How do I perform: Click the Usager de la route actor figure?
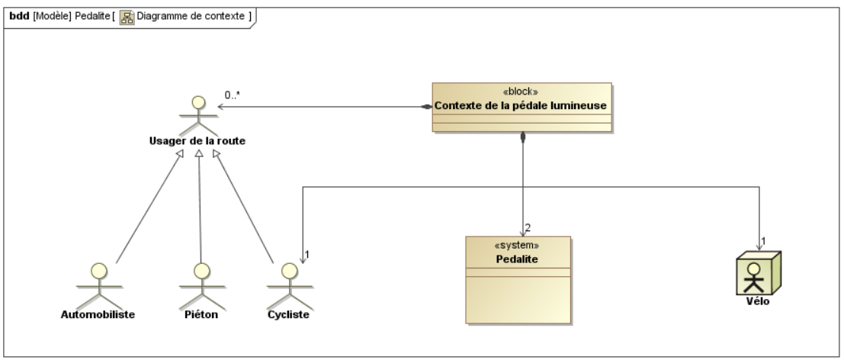pos(199,116)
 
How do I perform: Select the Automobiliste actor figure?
pos(99,285)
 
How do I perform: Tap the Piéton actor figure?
pos(202,285)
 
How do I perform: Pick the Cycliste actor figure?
pos(290,285)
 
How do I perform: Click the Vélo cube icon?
pos(759,273)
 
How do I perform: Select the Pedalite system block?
pos(518,280)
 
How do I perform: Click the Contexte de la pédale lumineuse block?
pos(522,107)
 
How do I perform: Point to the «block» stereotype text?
pos(521,92)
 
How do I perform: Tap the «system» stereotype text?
pos(517,246)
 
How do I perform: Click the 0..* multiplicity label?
pos(232,95)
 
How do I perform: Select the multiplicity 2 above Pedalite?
pos(528,228)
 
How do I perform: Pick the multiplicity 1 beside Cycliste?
pos(307,254)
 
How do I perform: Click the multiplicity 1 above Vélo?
pos(763,241)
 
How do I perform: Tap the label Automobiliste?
pos(98,314)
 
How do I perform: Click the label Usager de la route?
pos(197,141)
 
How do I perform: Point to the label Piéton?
pos(201,314)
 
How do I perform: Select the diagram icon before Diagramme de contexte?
pos(127,18)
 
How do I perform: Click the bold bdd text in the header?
pos(19,16)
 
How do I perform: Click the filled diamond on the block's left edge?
pos(426,107)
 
